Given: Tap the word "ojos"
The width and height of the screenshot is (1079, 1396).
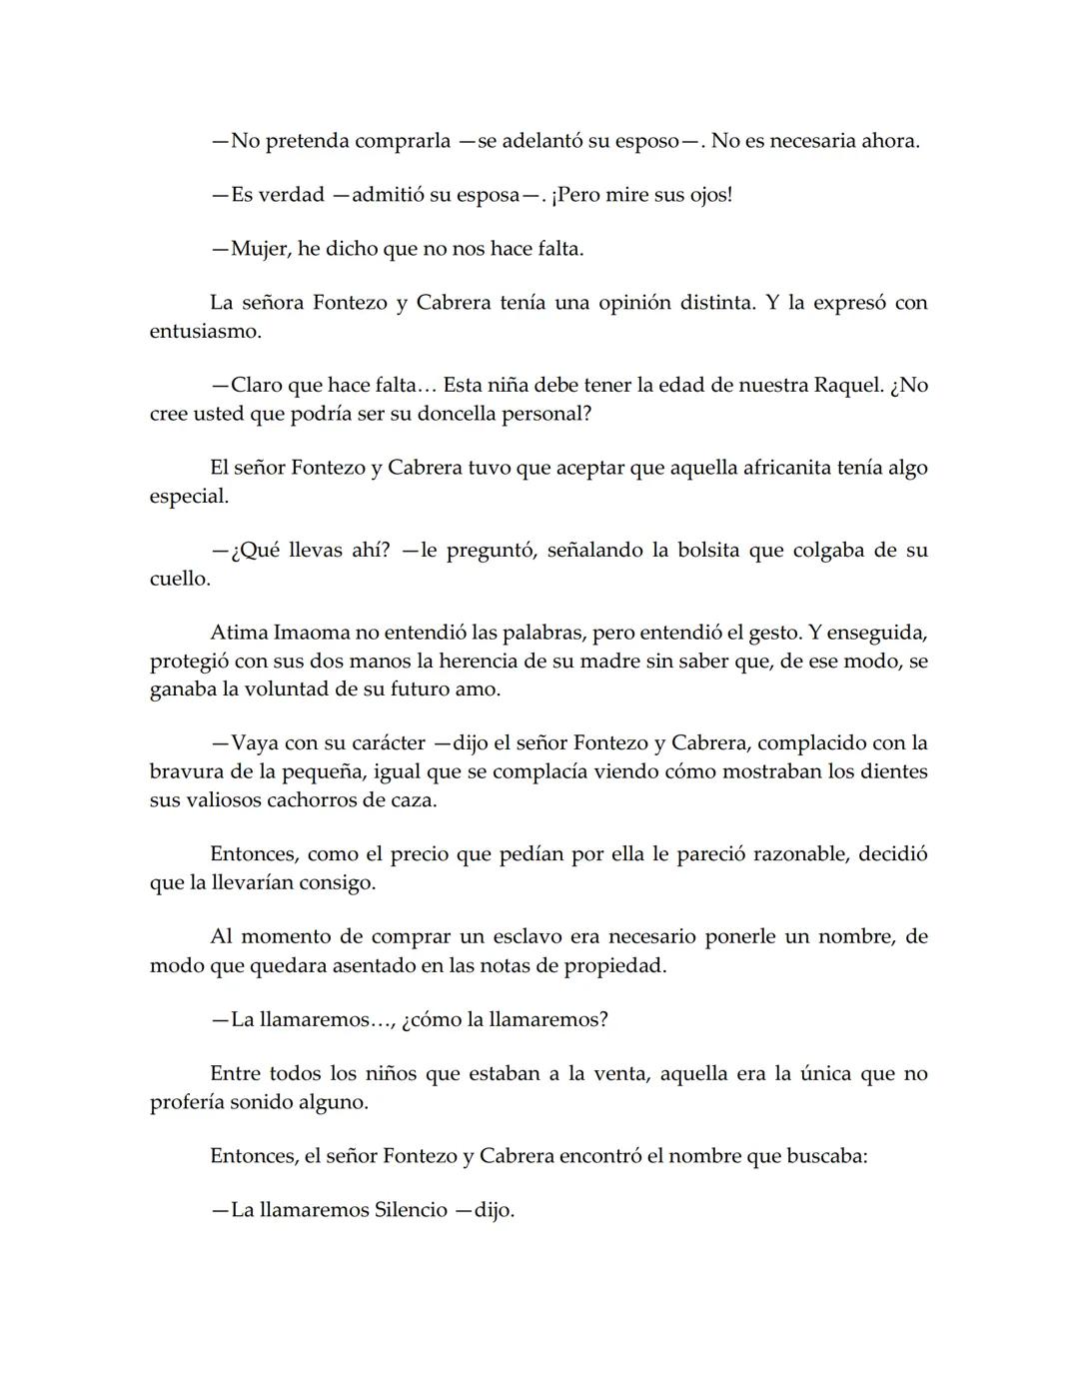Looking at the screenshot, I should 707,195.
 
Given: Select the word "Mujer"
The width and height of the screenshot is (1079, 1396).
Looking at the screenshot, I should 260,249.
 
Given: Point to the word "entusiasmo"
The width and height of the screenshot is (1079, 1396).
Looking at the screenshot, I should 203,331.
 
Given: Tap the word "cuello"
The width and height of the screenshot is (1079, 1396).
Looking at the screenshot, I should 179,579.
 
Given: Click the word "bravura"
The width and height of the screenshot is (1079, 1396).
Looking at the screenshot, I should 187,771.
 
